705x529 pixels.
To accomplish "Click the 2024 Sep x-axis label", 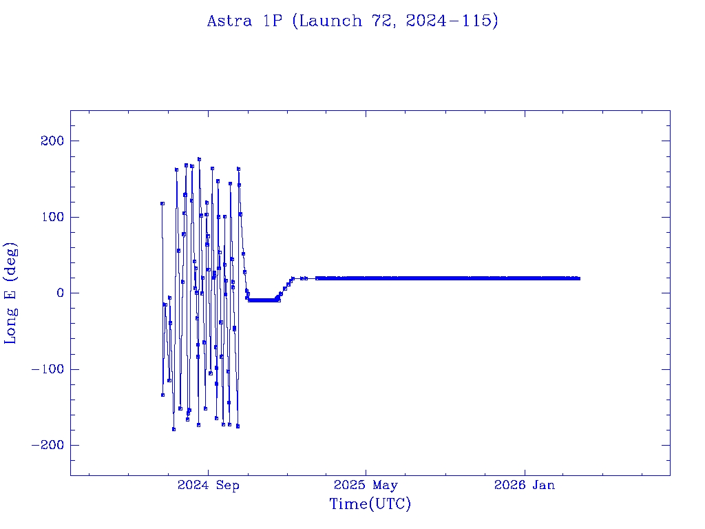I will pyautogui.click(x=209, y=486).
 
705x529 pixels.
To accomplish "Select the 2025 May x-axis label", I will pyautogui.click(x=366, y=486).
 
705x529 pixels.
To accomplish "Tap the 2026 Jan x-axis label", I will pyautogui.click(x=525, y=486).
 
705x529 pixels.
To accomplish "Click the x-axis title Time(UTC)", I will pyautogui.click(x=370, y=504).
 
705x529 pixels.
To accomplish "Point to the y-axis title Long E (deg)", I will pyautogui.click(x=11, y=293).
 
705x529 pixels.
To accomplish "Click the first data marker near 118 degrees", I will pyautogui.click(x=162, y=203).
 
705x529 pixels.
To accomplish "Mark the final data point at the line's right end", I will pyautogui.click(x=578, y=278).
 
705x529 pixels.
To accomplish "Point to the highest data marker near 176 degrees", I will pyautogui.click(x=199, y=159).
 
